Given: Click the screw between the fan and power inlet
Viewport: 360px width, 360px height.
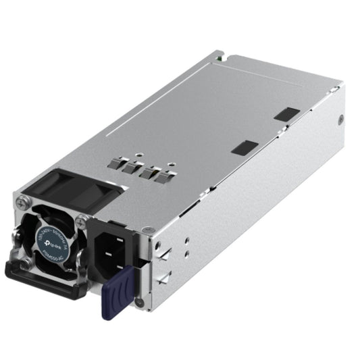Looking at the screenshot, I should click(82, 219).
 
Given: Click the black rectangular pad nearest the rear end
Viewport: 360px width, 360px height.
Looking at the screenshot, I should click(286, 113).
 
